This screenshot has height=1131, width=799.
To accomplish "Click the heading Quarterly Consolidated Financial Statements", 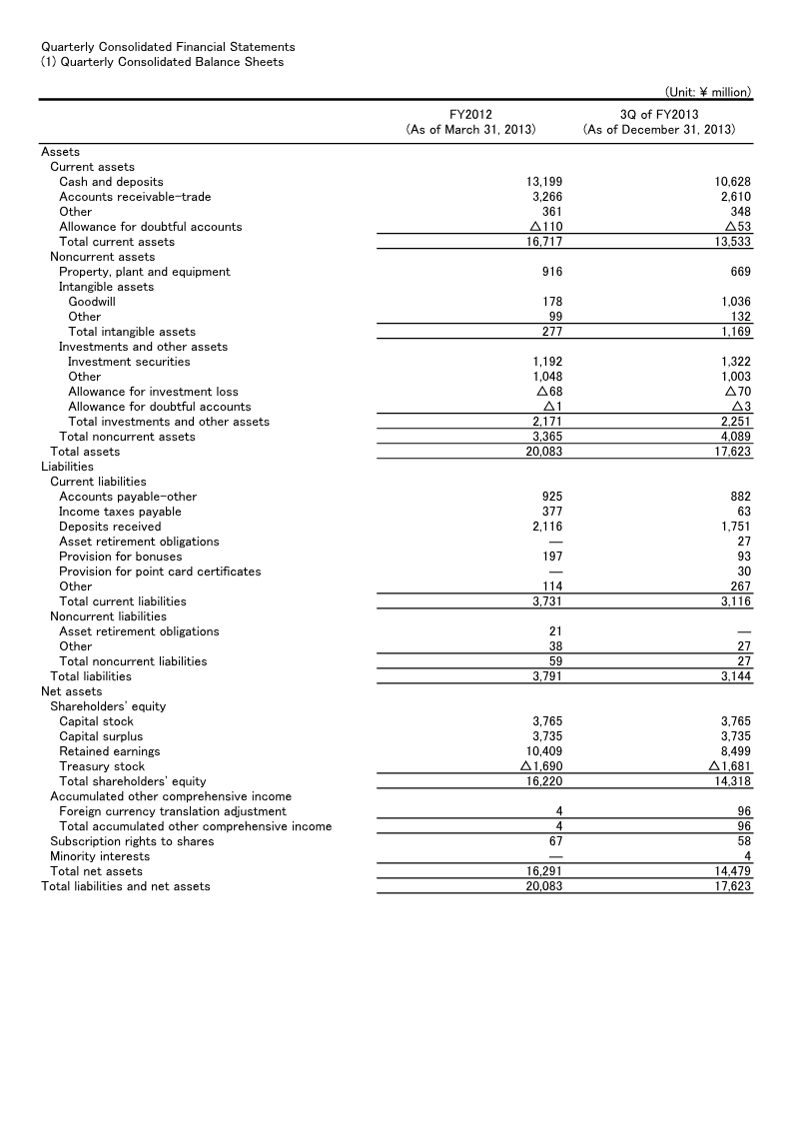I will point(168,47).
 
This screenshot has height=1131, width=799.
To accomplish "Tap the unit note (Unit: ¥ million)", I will point(707,92).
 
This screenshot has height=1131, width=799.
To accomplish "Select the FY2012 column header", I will point(470,115).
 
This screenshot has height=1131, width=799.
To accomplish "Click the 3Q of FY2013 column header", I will point(659,115).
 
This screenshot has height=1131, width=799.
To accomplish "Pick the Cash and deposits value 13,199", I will point(543,182).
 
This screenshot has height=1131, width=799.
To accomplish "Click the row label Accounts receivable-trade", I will point(135,197).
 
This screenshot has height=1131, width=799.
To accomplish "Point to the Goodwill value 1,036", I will point(733,302).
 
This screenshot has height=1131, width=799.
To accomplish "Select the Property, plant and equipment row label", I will point(144,272).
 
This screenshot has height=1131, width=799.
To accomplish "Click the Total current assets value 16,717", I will point(543,242).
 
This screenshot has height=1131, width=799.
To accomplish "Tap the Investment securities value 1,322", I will point(735,362).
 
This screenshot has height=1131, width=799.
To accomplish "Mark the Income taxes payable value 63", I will point(743,512).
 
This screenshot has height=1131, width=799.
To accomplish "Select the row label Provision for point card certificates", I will point(160,571).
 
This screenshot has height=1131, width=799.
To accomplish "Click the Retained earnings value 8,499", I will point(735,751).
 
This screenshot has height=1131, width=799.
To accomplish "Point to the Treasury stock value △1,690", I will point(539,766).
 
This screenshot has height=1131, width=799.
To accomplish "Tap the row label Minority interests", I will point(100,856).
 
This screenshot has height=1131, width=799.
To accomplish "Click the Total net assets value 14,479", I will point(733,871).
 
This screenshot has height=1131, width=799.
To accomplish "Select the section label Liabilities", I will point(67,467).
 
